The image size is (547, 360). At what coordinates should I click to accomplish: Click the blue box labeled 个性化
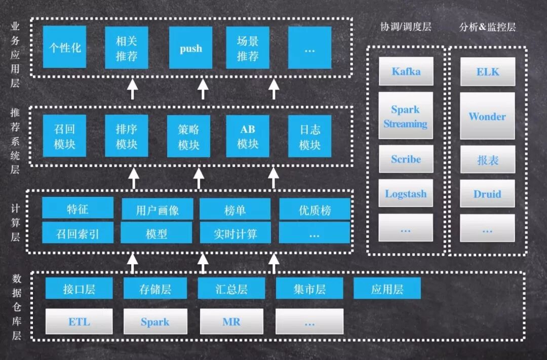click(64, 48)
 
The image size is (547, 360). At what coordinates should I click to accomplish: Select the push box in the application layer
click(190, 48)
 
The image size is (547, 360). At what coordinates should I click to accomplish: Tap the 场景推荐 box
click(248, 48)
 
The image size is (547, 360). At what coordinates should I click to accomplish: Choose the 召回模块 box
click(64, 136)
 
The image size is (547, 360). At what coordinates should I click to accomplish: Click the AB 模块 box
click(248, 136)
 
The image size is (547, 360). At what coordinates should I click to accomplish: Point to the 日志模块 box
click(309, 136)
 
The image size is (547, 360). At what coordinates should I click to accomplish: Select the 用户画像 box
click(158, 209)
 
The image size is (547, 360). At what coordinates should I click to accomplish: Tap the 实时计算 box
click(235, 233)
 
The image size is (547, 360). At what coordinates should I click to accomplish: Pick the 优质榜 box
click(315, 209)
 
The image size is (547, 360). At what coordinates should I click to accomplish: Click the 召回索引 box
click(77, 233)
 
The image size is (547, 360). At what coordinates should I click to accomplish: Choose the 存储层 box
click(155, 289)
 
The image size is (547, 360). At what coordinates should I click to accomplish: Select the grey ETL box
click(79, 322)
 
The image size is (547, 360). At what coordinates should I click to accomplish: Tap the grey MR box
click(231, 322)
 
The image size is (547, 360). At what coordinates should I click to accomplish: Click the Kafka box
click(406, 71)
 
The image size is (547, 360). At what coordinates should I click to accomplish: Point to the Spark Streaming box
click(406, 116)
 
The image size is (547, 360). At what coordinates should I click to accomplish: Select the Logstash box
click(406, 193)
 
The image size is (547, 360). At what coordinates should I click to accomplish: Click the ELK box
click(487, 71)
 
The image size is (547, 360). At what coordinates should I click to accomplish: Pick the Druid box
click(487, 193)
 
